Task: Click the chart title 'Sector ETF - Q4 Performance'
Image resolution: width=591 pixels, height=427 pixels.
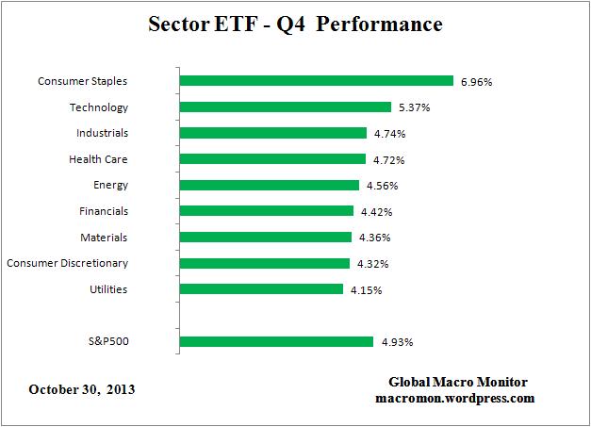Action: click(x=295, y=24)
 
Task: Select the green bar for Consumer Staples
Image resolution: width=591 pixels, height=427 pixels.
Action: click(x=316, y=81)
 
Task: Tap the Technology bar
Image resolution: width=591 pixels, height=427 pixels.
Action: click(x=285, y=107)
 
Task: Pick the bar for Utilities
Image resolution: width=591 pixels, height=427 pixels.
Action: click(x=260, y=289)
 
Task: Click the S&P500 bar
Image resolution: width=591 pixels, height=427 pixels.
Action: click(x=278, y=341)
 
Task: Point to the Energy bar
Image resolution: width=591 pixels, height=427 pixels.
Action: click(x=269, y=186)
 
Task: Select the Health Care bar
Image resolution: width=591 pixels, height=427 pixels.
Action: click(x=271, y=159)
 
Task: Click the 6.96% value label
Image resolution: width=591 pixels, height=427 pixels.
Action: click(x=476, y=82)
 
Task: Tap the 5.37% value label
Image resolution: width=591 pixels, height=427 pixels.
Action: click(x=414, y=107)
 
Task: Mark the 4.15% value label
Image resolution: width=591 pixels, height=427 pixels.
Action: click(x=366, y=289)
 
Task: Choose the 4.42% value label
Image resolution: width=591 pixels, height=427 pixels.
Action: click(x=376, y=212)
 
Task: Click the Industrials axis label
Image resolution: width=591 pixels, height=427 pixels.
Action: click(x=103, y=133)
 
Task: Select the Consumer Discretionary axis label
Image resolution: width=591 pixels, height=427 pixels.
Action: click(x=67, y=263)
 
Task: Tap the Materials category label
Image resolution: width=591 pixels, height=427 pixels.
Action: click(x=104, y=238)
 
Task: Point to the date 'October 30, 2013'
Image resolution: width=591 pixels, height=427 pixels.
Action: click(x=82, y=388)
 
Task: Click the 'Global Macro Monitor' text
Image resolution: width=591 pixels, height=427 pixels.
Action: click(x=458, y=382)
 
